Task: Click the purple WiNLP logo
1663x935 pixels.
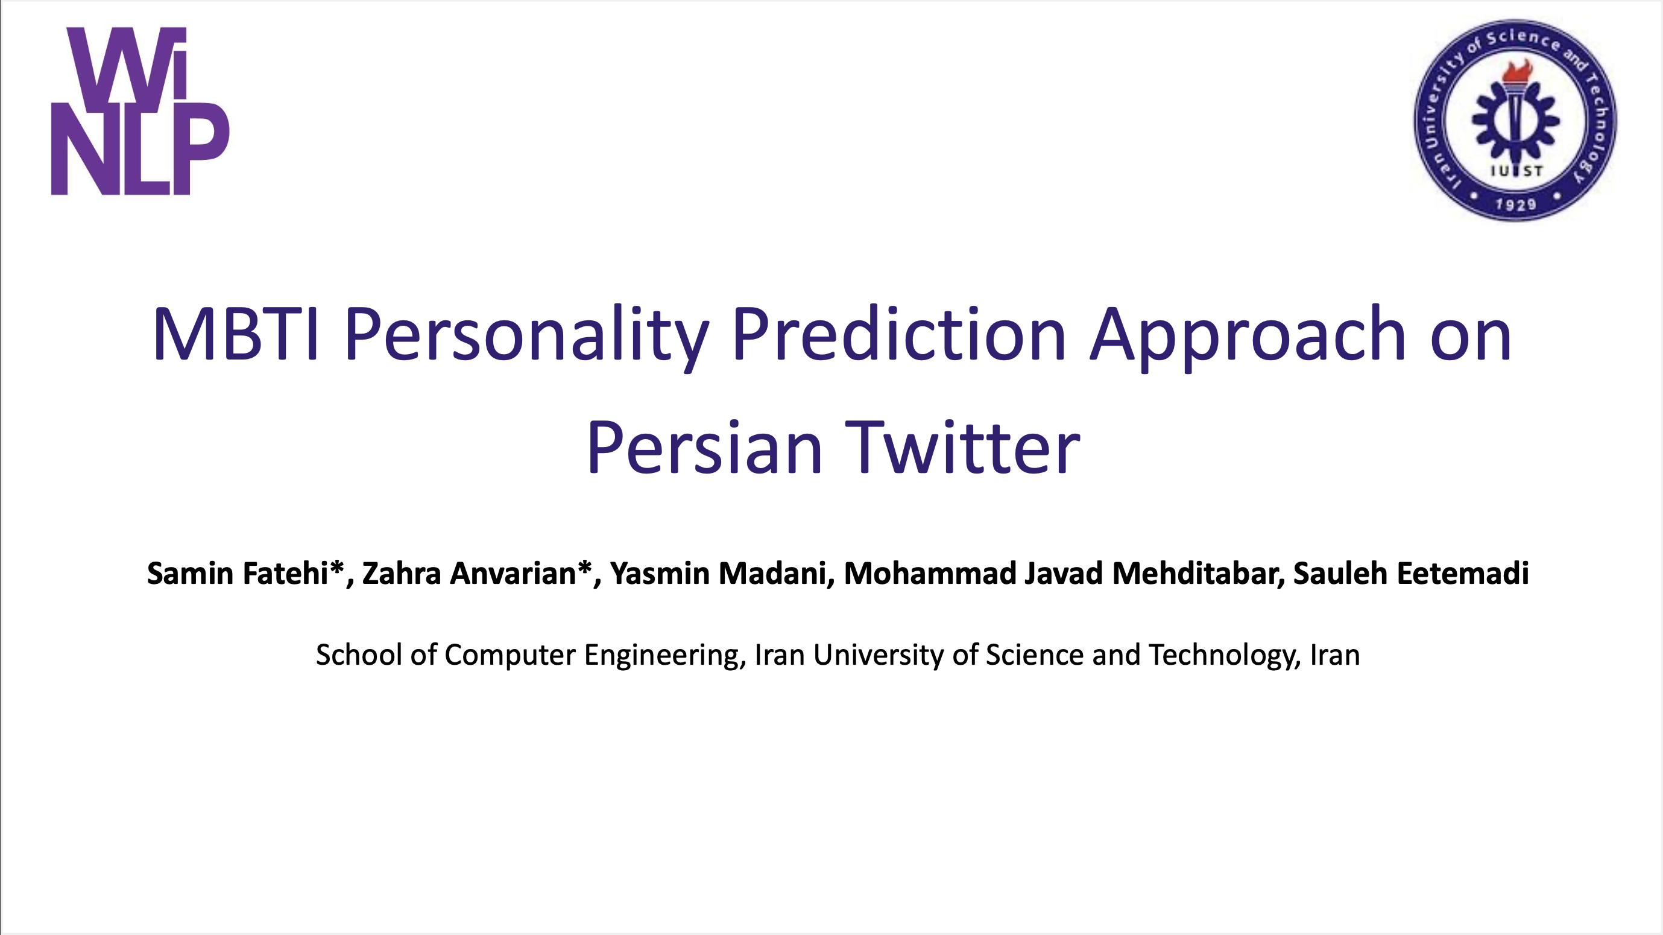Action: click(140, 110)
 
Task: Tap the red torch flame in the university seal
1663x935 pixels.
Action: click(1516, 72)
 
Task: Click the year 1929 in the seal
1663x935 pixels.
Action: click(1516, 204)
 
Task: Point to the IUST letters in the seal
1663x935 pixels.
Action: click(1516, 171)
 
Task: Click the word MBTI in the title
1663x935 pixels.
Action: click(236, 334)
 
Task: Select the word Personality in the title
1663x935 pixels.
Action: click(527, 337)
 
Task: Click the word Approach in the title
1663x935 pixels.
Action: click(1247, 337)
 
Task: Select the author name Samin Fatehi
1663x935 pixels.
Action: click(238, 574)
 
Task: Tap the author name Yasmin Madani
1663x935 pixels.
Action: click(718, 574)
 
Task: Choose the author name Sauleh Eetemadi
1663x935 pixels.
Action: click(1410, 574)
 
